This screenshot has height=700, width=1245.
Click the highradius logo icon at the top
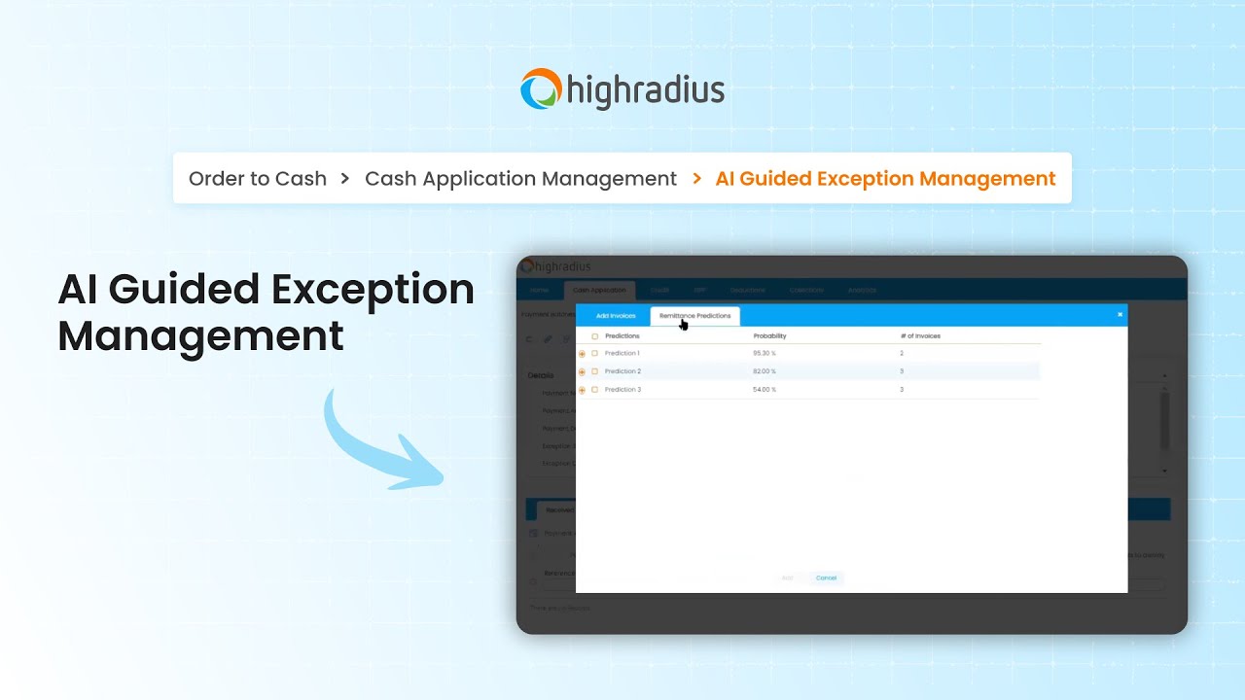(542, 88)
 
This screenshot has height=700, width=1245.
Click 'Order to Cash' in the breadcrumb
(258, 179)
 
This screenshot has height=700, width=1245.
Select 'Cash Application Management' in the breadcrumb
(520, 179)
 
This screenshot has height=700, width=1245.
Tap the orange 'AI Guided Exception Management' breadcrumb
(885, 179)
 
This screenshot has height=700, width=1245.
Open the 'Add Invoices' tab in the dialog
(616, 316)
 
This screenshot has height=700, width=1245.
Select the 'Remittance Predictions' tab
(694, 316)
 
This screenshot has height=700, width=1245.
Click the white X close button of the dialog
(1120, 315)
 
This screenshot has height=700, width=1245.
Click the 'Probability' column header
(769, 336)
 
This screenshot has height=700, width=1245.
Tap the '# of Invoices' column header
(920, 336)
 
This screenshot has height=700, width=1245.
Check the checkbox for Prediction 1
(595, 354)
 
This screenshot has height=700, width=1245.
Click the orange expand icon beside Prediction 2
(583, 372)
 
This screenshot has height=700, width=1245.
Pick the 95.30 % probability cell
(765, 353)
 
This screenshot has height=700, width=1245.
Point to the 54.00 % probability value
(765, 390)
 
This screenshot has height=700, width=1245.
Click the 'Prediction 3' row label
(622, 390)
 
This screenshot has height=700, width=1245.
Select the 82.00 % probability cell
(765, 371)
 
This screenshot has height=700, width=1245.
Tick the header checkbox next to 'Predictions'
(595, 336)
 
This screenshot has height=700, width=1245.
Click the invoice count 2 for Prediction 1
(902, 353)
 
